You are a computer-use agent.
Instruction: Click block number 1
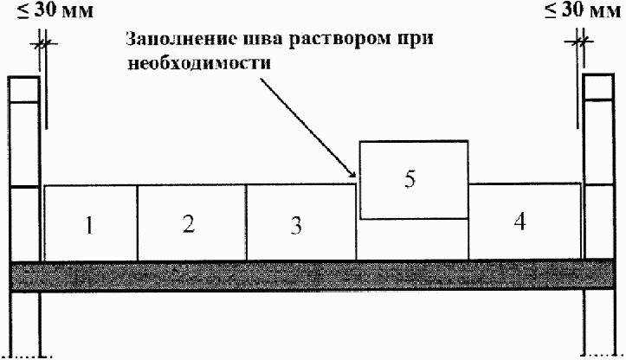point(90,222)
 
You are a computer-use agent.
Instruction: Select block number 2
point(191,222)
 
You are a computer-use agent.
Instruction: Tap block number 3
point(300,222)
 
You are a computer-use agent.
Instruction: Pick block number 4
point(525,221)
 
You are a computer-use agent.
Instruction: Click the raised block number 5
point(413,180)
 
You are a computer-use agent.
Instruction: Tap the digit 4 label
point(519,221)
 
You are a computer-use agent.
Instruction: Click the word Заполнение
point(171,41)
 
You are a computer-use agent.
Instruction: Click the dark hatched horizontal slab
point(312,276)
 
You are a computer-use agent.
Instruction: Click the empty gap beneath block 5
point(413,239)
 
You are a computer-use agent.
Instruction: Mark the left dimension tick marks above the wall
point(42,41)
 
